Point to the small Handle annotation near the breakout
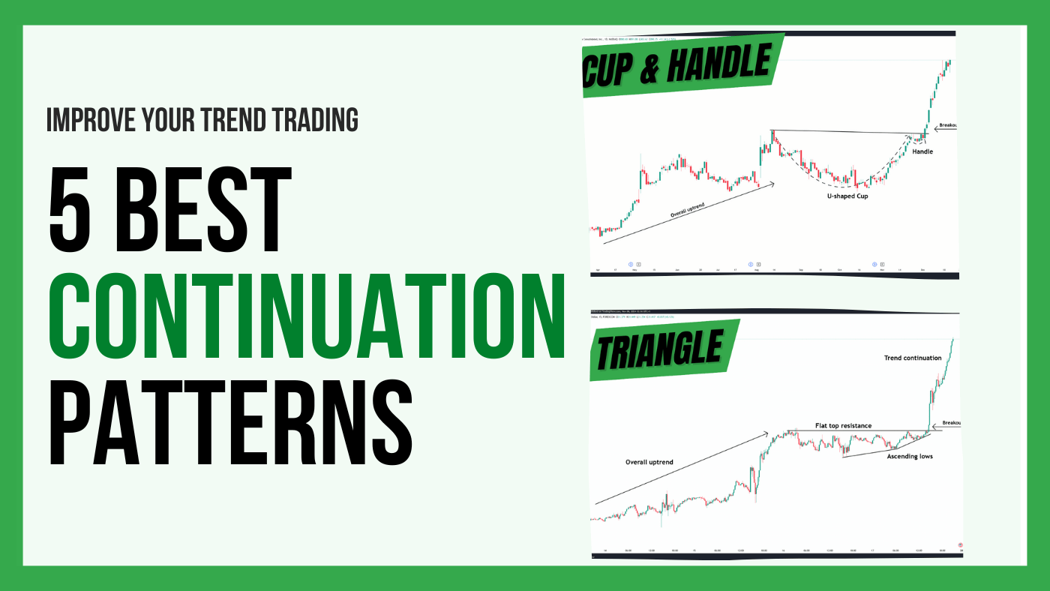(922, 151)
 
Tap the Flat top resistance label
(843, 425)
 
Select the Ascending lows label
(910, 456)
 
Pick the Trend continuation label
(912, 358)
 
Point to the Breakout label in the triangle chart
(950, 422)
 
